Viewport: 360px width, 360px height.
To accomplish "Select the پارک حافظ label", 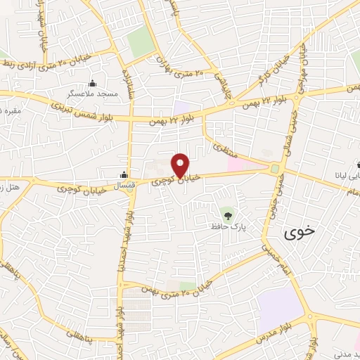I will [226, 227].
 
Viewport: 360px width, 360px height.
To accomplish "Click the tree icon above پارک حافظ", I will [226, 213].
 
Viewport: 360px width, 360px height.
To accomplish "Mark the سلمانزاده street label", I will [129, 83].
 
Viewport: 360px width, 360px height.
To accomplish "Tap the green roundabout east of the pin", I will [274, 169].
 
